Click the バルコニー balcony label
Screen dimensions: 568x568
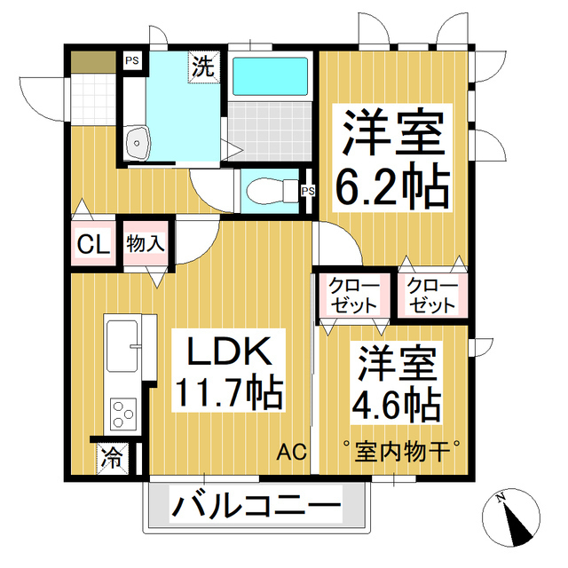(x=256, y=508)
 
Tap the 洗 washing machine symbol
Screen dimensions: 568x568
(x=203, y=65)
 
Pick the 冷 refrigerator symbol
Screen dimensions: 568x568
(x=112, y=458)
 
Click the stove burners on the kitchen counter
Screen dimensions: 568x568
(x=122, y=412)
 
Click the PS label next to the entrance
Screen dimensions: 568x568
(x=131, y=61)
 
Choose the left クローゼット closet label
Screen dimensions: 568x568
(x=353, y=295)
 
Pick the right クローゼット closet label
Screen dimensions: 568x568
(x=433, y=295)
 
